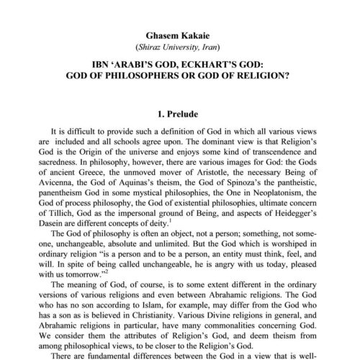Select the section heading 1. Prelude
179,113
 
